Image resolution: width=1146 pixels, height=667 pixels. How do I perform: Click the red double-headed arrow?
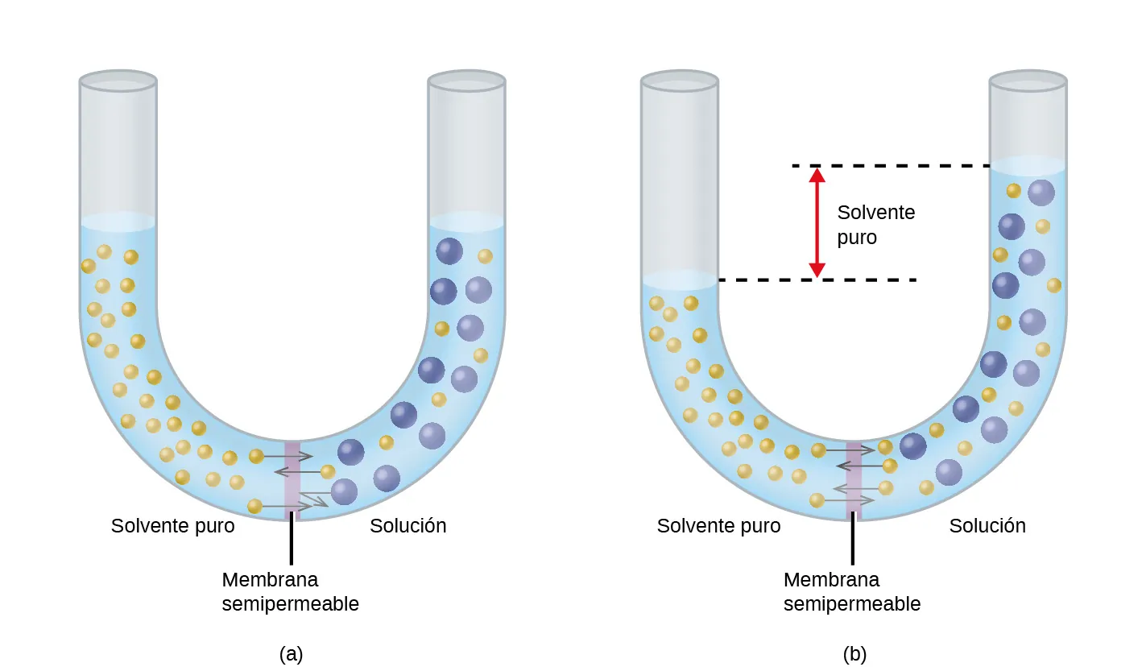coord(817,222)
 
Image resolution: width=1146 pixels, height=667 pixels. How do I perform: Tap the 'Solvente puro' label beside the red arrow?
coord(875,225)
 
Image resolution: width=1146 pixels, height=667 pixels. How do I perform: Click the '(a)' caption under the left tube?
coord(291,653)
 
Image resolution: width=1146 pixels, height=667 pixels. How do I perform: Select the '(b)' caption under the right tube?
coord(854,653)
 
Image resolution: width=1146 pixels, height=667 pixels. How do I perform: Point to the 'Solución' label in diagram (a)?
coord(408,526)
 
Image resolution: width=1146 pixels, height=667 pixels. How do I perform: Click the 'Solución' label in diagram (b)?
coord(987,526)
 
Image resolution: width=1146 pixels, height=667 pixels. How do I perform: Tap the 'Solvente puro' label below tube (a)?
coord(173,526)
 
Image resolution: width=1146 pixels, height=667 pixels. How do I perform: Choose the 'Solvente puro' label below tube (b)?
coord(718,526)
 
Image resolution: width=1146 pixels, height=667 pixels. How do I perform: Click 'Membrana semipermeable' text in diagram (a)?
coord(290,591)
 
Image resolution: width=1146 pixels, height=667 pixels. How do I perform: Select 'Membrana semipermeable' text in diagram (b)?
coord(851,591)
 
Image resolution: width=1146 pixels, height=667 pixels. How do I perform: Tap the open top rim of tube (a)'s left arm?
coord(118,81)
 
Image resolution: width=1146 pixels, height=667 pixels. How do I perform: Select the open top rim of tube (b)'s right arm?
coord(1028,81)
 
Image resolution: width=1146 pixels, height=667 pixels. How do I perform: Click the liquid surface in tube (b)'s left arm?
coord(679,280)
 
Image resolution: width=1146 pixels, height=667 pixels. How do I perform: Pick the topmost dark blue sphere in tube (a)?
coord(449,251)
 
